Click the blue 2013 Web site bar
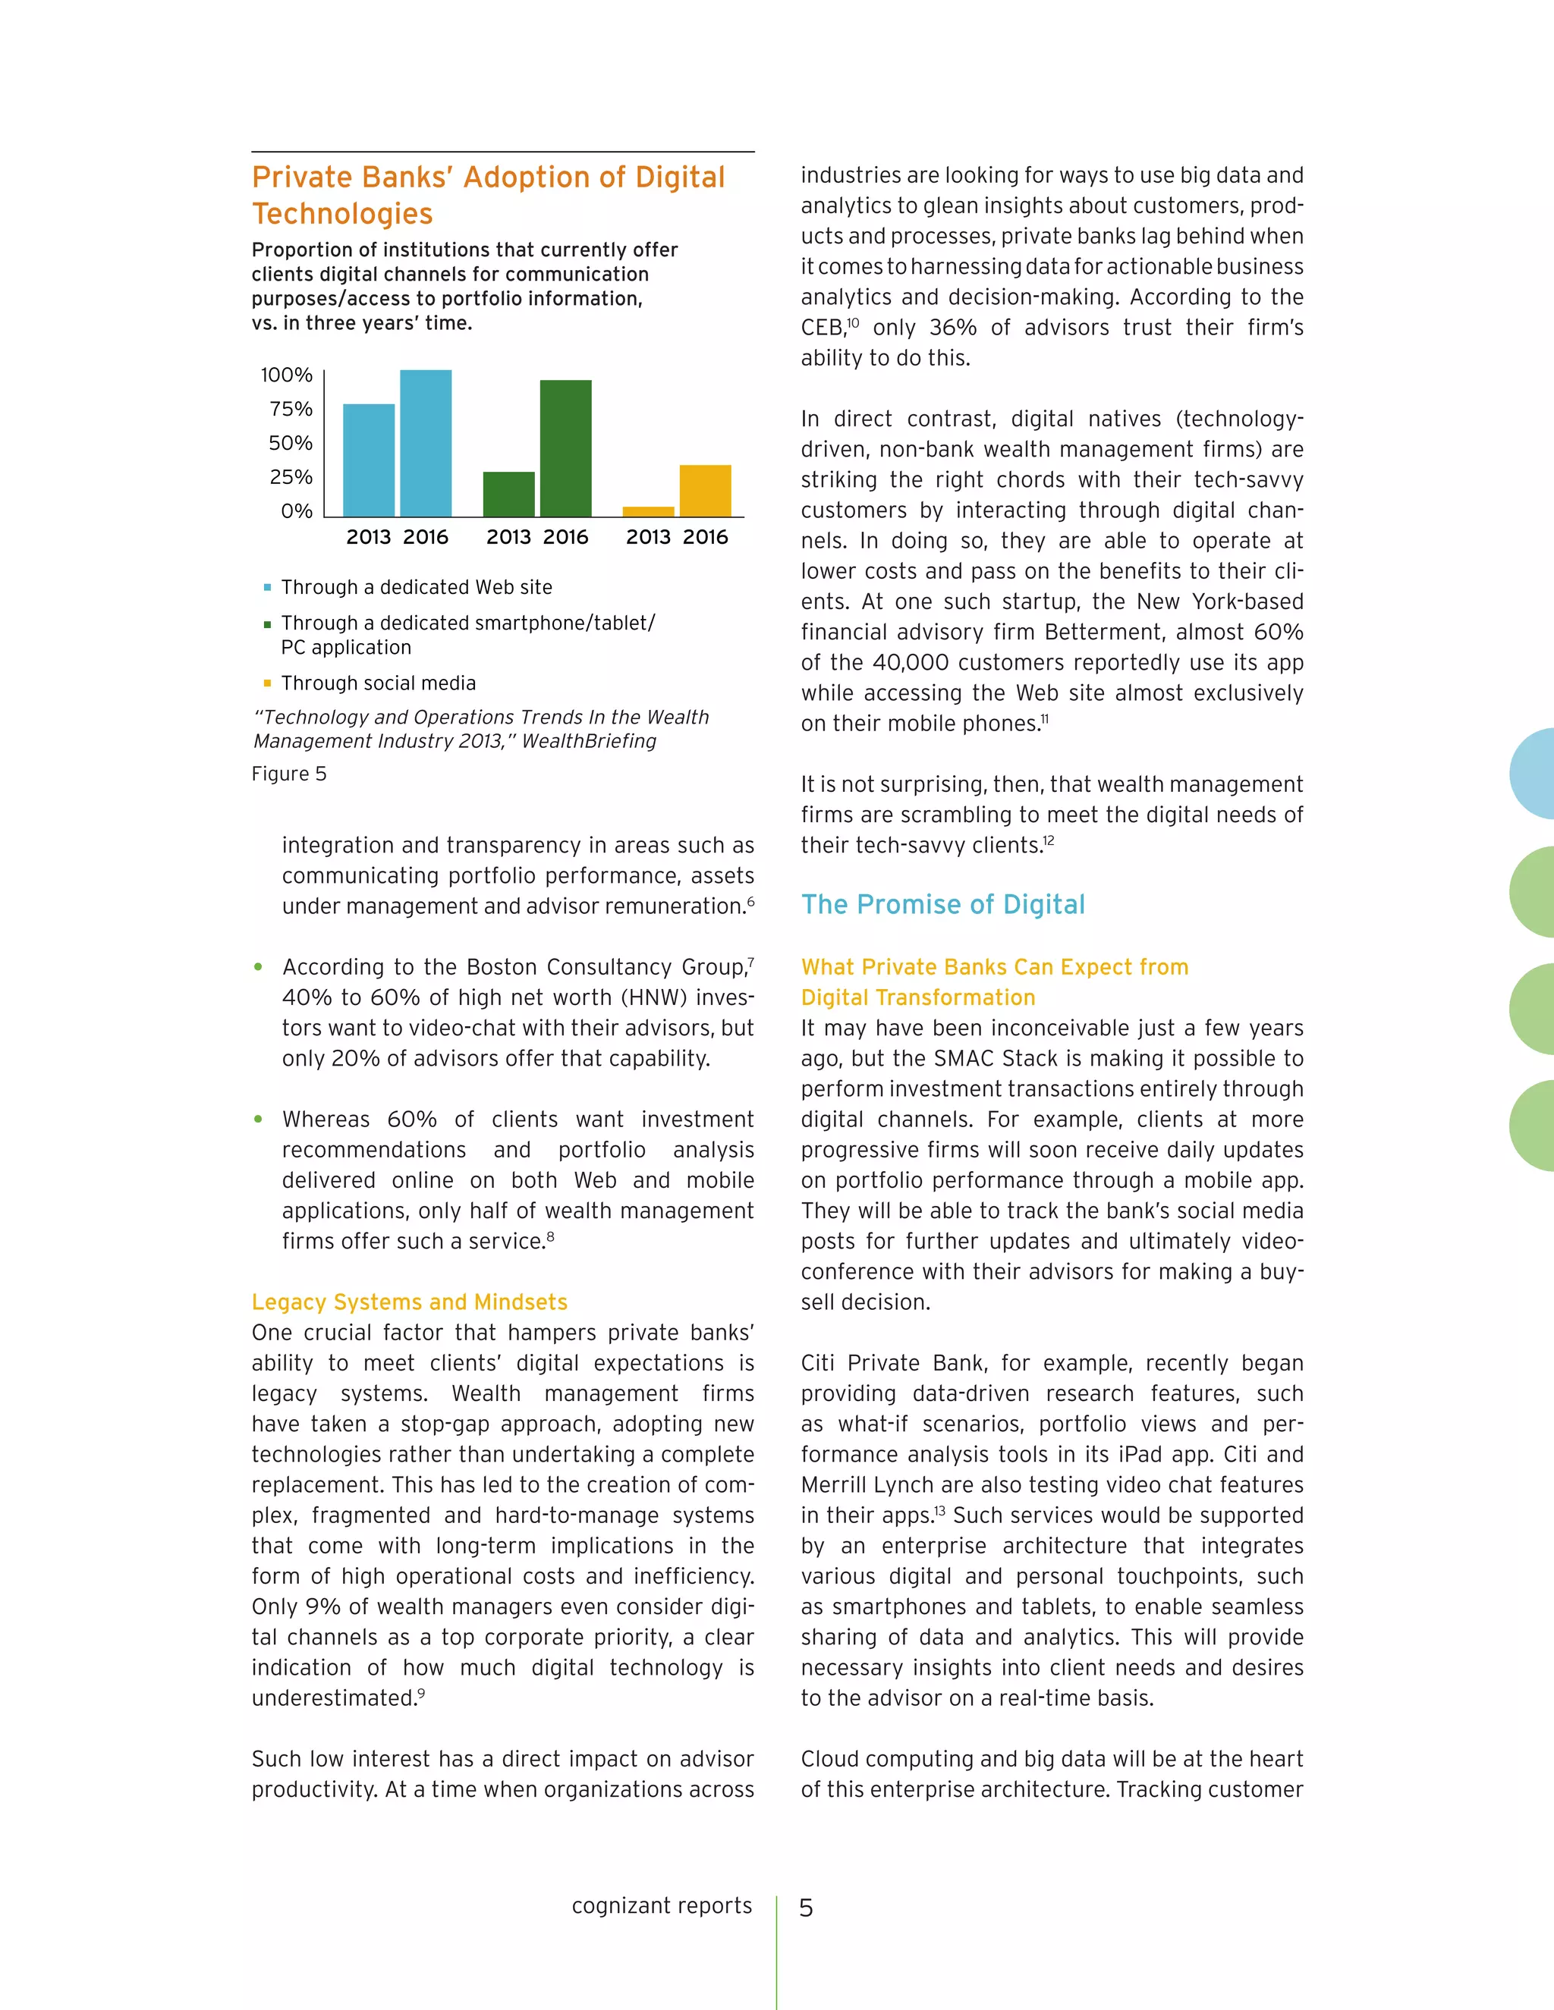pyautogui.click(x=368, y=460)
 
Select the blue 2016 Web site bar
pyautogui.click(x=426, y=443)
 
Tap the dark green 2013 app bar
pyautogui.click(x=508, y=495)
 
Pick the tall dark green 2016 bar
pyautogui.click(x=565, y=448)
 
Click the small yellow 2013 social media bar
pyautogui.click(x=648, y=512)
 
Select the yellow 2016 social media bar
pyautogui.click(x=705, y=491)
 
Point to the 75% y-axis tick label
pyautogui.click(x=291, y=409)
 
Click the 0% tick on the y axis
pyautogui.click(x=297, y=510)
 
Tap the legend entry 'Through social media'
pyautogui.click(x=379, y=683)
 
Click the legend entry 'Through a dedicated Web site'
pyautogui.click(x=416, y=587)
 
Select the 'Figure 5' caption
pyautogui.click(x=289, y=773)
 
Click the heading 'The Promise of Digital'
pyautogui.click(x=942, y=904)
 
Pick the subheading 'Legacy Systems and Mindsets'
pyautogui.click(x=410, y=1302)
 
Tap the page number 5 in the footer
pyautogui.click(x=806, y=1908)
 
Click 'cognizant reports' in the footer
pyautogui.click(x=661, y=1905)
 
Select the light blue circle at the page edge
pyautogui.click(x=1534, y=773)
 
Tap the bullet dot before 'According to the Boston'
pyautogui.click(x=259, y=966)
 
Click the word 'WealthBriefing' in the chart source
pyautogui.click(x=589, y=741)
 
